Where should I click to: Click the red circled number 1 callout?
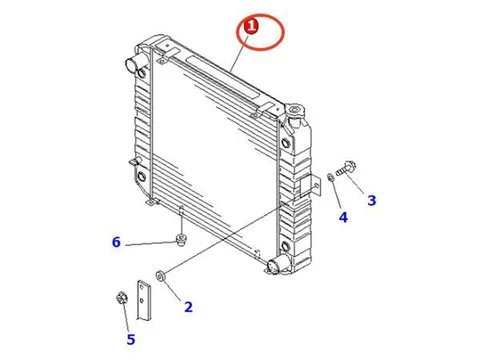tap(251, 27)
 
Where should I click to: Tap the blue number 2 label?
tap(188, 307)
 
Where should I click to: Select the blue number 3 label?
tap(372, 200)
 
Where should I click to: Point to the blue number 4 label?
tap(343, 217)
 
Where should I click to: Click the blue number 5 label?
tap(131, 339)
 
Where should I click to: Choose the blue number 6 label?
tap(116, 242)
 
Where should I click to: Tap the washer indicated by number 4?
tap(331, 177)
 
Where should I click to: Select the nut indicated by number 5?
tap(121, 297)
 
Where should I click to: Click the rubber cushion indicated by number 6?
tap(181, 240)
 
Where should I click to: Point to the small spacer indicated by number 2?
tap(161, 276)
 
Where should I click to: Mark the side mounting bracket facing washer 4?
tap(310, 186)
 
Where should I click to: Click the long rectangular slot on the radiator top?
tap(223, 78)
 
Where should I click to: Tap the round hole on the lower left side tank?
tap(142, 176)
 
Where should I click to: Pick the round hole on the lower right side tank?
tap(285, 246)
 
